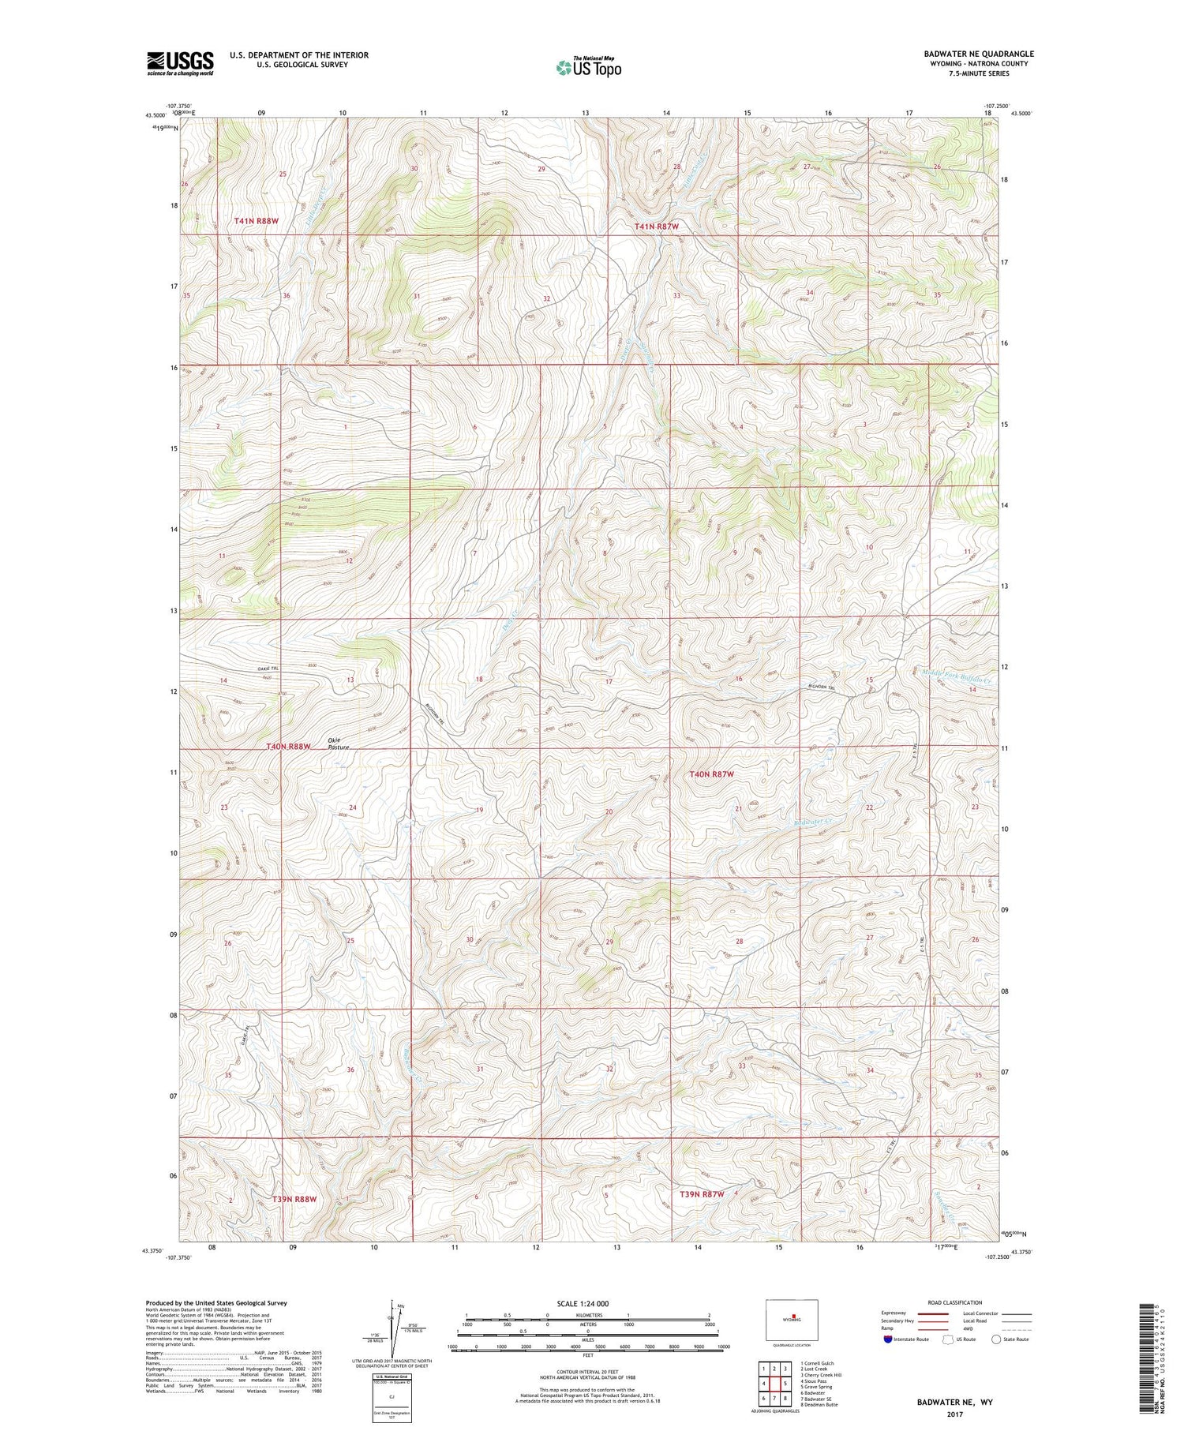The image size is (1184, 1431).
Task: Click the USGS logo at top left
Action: click(180, 63)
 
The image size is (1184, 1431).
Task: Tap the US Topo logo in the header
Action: click(588, 67)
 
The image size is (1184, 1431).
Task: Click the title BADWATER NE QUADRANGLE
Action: click(978, 54)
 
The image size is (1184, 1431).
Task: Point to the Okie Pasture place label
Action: click(338, 743)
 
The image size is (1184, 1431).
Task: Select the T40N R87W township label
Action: click(711, 774)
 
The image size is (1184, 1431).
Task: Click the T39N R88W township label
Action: click(294, 1199)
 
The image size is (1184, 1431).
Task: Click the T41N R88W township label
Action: click(256, 222)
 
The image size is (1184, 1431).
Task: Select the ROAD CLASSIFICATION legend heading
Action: click(955, 1302)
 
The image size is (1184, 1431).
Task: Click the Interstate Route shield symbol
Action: click(887, 1339)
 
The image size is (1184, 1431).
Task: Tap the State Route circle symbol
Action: click(996, 1339)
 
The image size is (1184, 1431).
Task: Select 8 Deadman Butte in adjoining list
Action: click(819, 1404)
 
